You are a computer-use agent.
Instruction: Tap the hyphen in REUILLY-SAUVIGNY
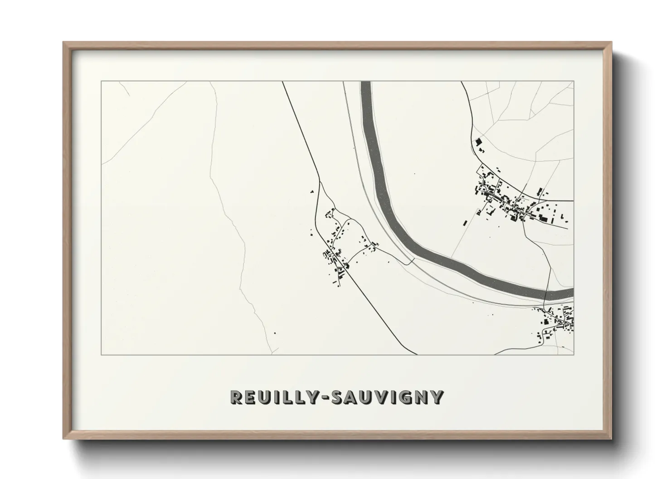pos(325,398)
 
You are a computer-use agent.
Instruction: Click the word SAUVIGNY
pos(387,397)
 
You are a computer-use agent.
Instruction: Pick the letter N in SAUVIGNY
pos(419,397)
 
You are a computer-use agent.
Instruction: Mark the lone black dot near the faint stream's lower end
pos(274,334)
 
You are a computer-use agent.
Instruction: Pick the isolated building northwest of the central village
pos(312,192)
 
